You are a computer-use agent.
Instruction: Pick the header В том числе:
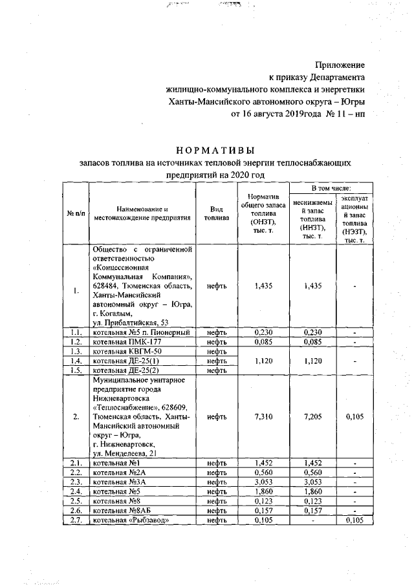pos(331,187)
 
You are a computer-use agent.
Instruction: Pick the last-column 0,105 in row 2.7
pos(354,520)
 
